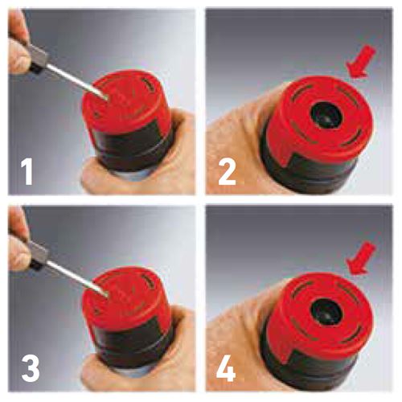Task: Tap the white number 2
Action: click(x=227, y=171)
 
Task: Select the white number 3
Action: click(x=31, y=368)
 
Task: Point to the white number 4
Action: click(x=226, y=368)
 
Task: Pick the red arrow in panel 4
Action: click(x=361, y=258)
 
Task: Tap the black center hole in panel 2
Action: click(x=326, y=114)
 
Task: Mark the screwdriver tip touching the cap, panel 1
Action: click(x=107, y=99)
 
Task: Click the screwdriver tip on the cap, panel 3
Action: click(x=107, y=295)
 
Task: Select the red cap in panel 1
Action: click(x=125, y=101)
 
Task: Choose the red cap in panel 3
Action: click(x=125, y=298)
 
